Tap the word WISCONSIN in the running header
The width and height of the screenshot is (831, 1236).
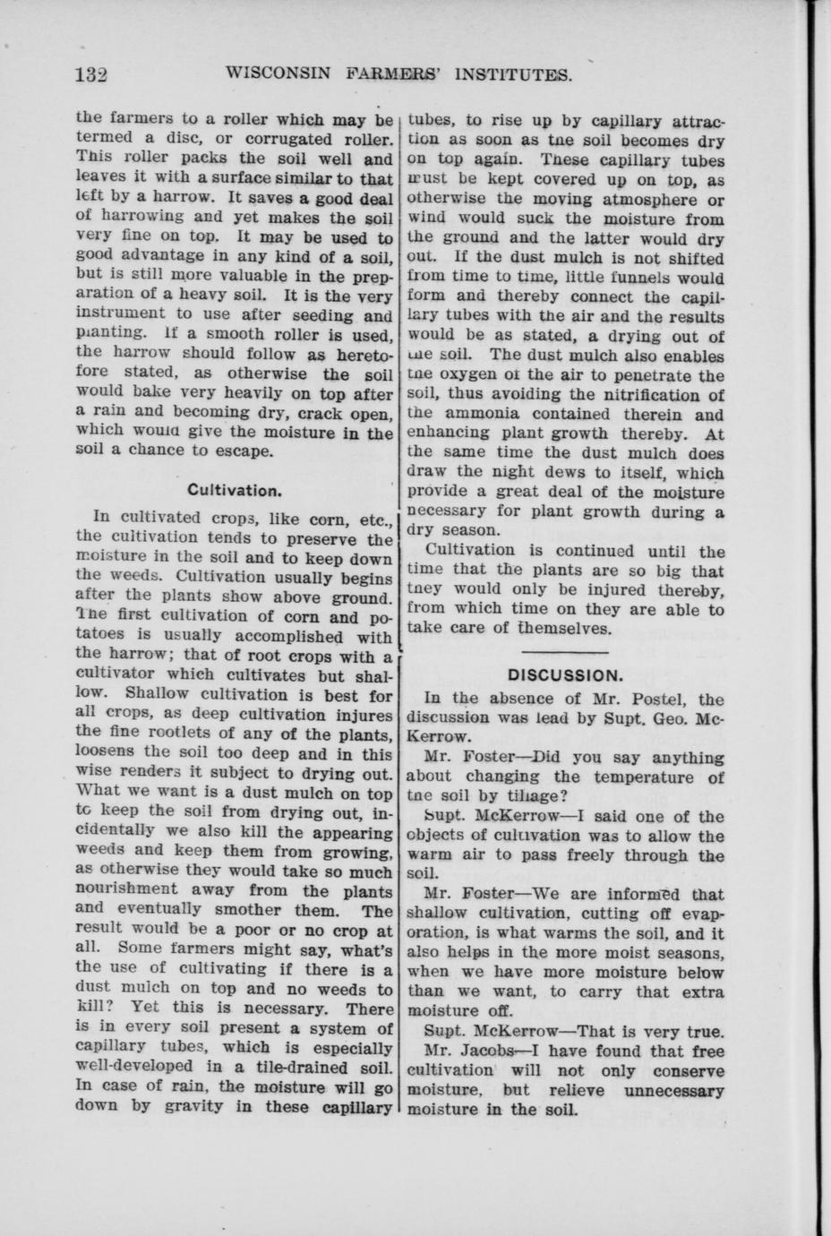click(277, 73)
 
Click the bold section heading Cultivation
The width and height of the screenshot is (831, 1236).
click(235, 490)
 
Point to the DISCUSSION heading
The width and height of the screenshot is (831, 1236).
click(564, 674)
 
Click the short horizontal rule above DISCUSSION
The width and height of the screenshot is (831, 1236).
click(564, 650)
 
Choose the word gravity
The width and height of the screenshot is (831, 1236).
click(194, 1106)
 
